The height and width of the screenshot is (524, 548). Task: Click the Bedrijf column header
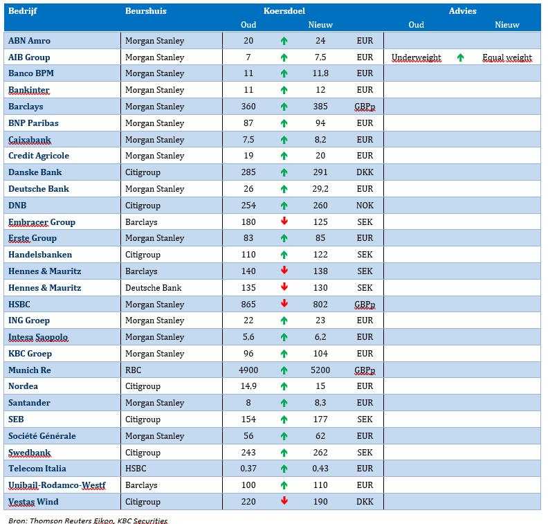22,11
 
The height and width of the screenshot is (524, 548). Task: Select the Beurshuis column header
146,11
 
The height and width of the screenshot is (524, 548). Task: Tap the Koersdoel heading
284,11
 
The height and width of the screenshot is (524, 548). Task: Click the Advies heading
462,11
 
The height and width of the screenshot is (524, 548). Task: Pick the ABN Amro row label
29,41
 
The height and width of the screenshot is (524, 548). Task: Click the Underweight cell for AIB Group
417,57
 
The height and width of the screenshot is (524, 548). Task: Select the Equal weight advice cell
507,57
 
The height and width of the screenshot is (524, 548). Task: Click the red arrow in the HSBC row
284,303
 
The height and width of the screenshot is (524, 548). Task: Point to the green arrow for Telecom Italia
284,469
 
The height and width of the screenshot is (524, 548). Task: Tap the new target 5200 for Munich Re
320,370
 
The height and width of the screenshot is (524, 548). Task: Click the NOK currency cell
365,205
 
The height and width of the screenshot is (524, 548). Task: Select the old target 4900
248,370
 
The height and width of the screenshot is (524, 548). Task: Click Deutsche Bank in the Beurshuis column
154,288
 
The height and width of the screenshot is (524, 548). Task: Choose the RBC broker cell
133,370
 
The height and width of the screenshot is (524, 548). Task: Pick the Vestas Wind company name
33,502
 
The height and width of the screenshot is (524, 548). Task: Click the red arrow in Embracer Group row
284,221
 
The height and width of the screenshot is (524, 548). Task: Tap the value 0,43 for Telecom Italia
320,469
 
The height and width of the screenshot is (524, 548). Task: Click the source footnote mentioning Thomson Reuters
88,521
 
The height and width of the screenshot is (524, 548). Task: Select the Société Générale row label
42,436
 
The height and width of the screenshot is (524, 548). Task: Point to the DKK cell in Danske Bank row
365,172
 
